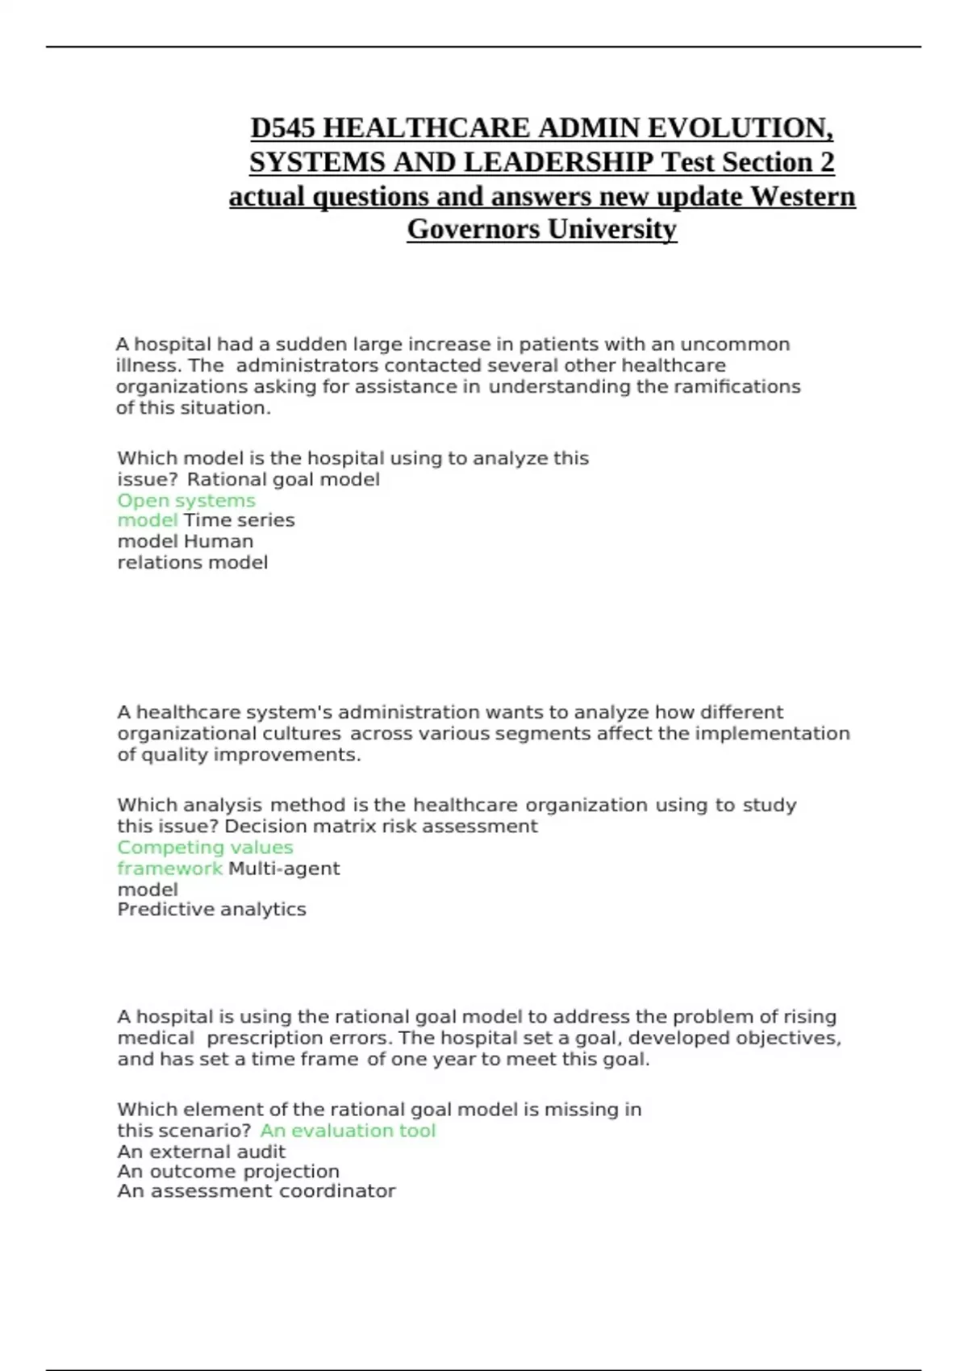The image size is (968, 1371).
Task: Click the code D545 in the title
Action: [x=282, y=128]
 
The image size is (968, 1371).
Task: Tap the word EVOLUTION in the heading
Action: [x=740, y=128]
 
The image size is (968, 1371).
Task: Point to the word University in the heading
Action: [x=612, y=229]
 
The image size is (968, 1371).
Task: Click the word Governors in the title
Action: [x=474, y=229]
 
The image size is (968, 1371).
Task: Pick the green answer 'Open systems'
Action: [x=186, y=501]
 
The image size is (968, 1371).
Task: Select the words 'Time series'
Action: [x=240, y=521]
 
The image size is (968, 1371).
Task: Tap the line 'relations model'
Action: [x=193, y=563]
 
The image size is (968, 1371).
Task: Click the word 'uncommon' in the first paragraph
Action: [x=735, y=344]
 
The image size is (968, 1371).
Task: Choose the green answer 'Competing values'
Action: [x=205, y=848]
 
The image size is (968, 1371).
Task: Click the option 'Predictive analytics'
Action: [x=211, y=910]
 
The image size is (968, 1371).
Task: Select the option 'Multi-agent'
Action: [x=284, y=869]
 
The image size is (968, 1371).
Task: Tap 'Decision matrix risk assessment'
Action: [x=381, y=827]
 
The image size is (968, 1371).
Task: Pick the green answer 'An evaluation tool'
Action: [x=348, y=1131]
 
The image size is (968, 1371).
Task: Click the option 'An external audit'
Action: [x=202, y=1152]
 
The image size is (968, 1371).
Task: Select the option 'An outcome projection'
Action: [x=228, y=1171]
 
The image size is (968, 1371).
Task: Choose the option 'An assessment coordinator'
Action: [x=257, y=1191]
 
